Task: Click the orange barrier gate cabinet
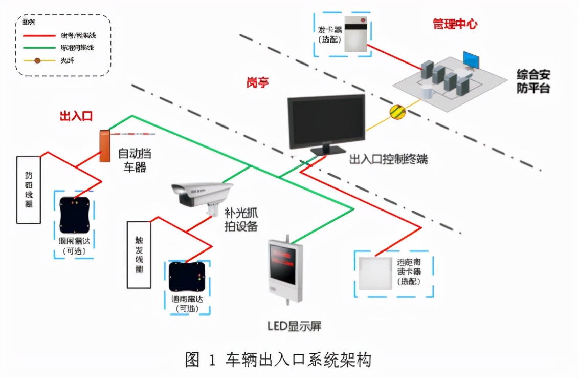click(x=105, y=146)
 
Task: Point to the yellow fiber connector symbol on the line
click(x=397, y=111)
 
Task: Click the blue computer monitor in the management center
click(x=471, y=60)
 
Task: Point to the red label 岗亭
click(x=258, y=82)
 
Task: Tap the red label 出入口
click(x=76, y=116)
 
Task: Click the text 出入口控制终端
click(x=388, y=159)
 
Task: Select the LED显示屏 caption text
click(x=295, y=326)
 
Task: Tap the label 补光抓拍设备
click(x=240, y=219)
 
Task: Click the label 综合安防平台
click(x=533, y=81)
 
